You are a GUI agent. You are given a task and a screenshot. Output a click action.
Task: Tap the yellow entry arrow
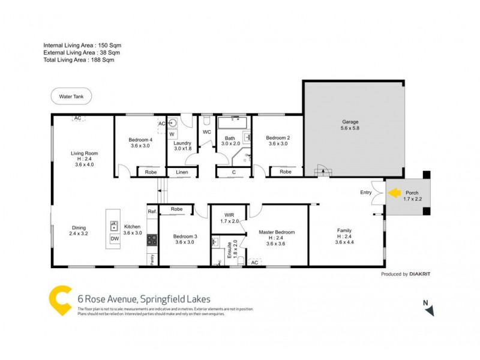click(x=394, y=193)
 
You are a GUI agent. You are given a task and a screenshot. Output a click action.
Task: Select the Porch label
click(x=412, y=193)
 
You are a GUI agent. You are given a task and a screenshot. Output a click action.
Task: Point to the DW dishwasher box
click(x=114, y=239)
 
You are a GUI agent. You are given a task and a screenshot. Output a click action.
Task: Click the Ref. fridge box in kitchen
click(x=152, y=212)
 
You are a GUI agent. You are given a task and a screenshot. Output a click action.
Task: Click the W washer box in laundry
click(x=172, y=134)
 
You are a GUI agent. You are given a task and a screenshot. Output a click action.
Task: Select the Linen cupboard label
click(x=181, y=172)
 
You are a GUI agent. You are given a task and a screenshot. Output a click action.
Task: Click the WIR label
click(x=230, y=215)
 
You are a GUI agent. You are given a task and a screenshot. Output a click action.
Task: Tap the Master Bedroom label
click(x=277, y=232)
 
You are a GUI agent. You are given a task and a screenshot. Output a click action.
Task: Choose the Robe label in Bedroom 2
click(x=286, y=172)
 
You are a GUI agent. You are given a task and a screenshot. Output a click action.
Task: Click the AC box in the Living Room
click(x=77, y=119)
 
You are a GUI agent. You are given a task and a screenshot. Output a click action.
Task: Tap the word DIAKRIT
click(x=420, y=274)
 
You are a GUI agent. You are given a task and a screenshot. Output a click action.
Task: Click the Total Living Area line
click(x=79, y=60)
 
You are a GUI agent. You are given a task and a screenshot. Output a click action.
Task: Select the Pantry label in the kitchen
click(x=152, y=259)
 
